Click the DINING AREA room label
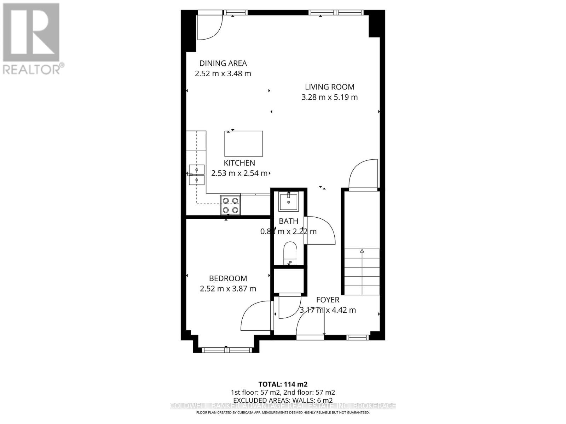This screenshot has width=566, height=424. pyautogui.click(x=223, y=63)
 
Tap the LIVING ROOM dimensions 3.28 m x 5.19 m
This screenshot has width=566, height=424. pyautogui.click(x=329, y=97)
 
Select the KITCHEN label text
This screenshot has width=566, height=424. pyautogui.click(x=239, y=163)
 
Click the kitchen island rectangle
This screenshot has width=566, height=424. pyautogui.click(x=244, y=143)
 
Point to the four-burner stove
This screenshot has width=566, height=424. pyautogui.click(x=230, y=205)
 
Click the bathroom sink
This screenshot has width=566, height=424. pyautogui.click(x=289, y=201)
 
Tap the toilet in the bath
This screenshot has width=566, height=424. pyautogui.click(x=290, y=252)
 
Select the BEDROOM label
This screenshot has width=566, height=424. pyautogui.click(x=228, y=278)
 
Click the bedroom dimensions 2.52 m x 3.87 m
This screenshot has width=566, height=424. pyautogui.click(x=228, y=289)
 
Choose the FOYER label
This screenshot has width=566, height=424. pyautogui.click(x=328, y=300)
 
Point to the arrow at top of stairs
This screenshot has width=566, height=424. pyautogui.click(x=362, y=251)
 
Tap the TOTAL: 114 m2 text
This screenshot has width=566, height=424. pyautogui.click(x=283, y=384)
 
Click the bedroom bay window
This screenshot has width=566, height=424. pyautogui.click(x=226, y=350)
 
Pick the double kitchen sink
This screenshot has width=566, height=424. pyautogui.click(x=196, y=175)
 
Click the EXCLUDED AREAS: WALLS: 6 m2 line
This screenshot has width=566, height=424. pyautogui.click(x=283, y=400)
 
